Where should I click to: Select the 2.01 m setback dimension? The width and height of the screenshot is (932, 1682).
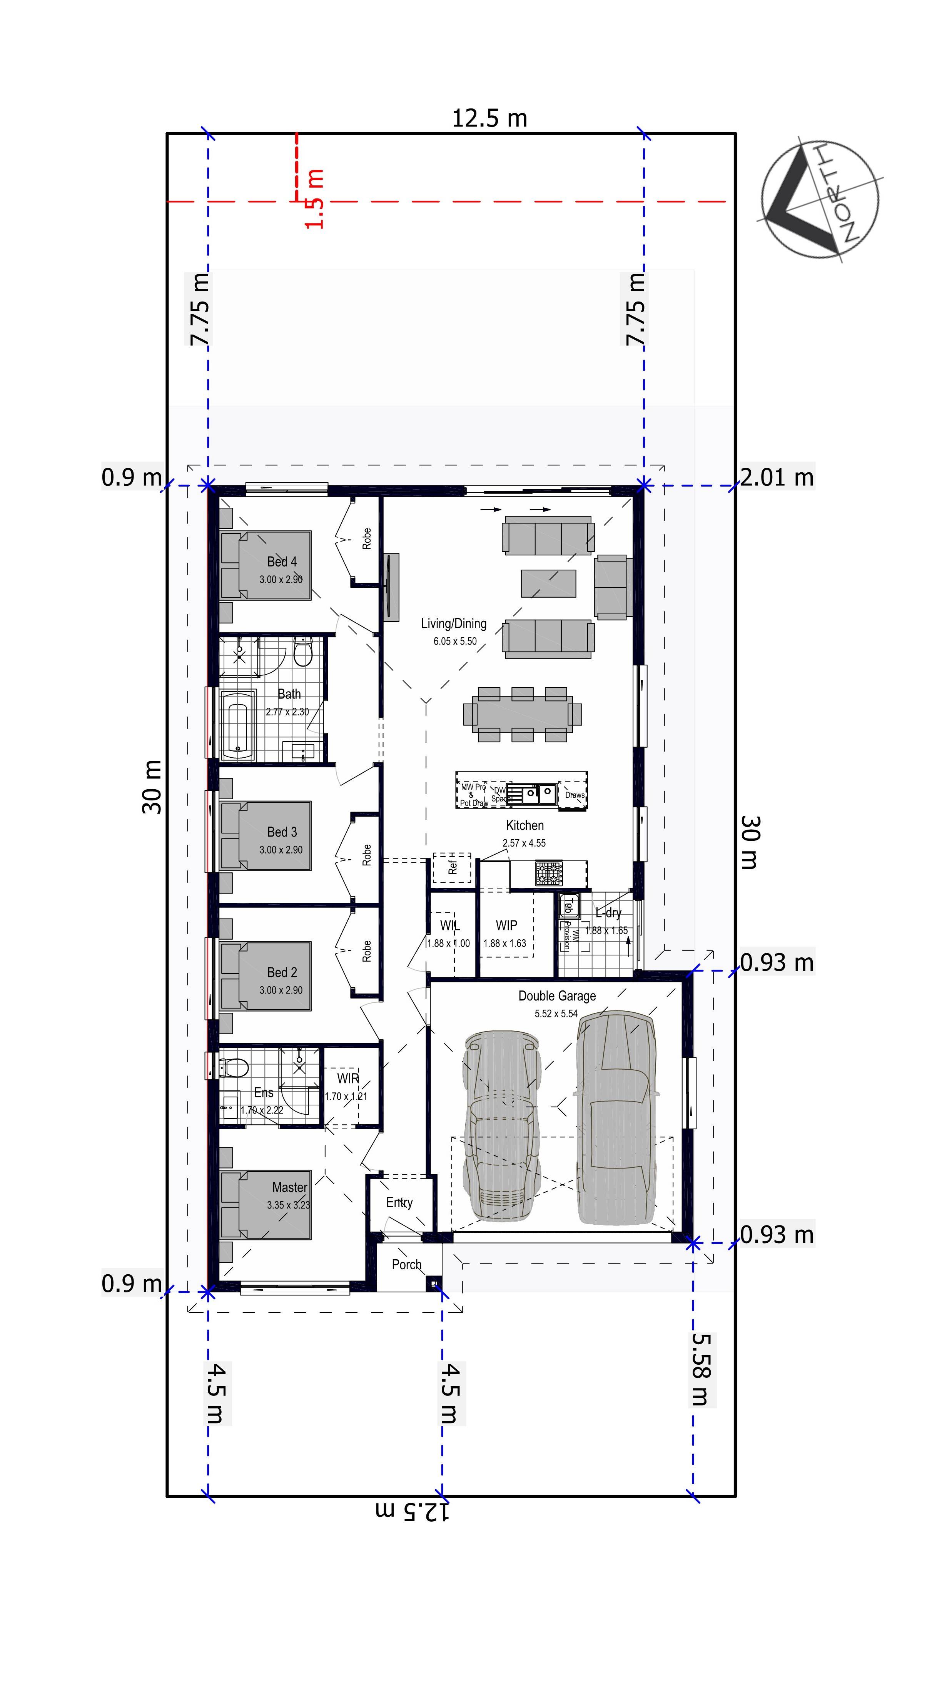click(x=777, y=477)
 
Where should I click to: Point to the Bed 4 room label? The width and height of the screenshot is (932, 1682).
click(x=282, y=562)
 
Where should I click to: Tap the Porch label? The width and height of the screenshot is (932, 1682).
click(x=406, y=1265)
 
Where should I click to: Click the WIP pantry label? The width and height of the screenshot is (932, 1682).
click(x=506, y=925)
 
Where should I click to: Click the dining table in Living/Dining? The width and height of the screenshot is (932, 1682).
click(x=522, y=713)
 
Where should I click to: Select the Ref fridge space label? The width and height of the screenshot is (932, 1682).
click(x=452, y=867)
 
